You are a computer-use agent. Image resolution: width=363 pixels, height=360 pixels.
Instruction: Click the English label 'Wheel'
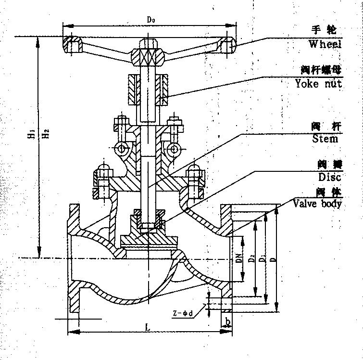[325, 44]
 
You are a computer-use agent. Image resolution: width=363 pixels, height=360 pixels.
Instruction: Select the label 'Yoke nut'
[318, 83]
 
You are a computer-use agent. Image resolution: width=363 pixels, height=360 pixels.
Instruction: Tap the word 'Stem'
[325, 139]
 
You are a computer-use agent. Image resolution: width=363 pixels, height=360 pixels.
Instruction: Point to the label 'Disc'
[329, 177]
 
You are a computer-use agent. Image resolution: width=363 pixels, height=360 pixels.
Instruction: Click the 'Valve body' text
[317, 204]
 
